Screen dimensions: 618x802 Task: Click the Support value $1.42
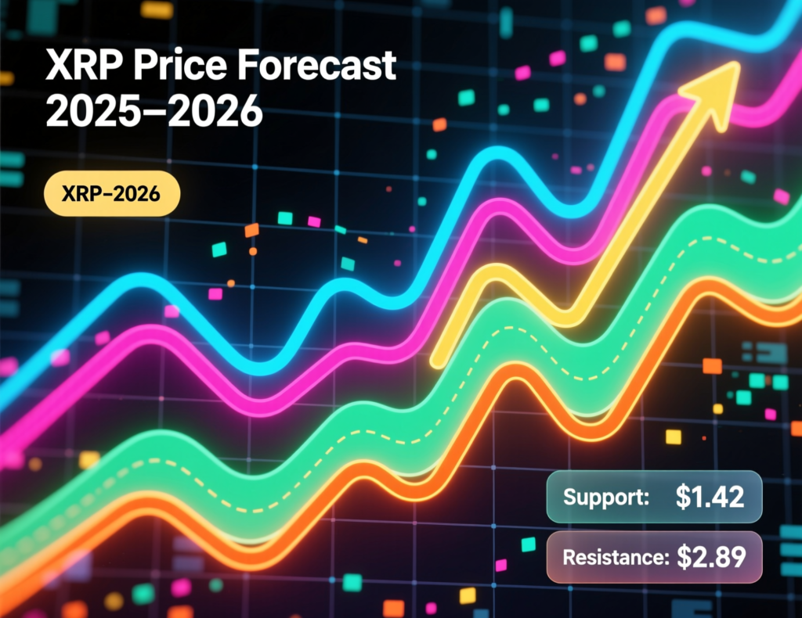click(710, 498)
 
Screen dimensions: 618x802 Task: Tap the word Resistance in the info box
click(614, 558)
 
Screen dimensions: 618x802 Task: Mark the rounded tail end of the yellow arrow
click(439, 360)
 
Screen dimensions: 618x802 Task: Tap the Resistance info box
click(653, 557)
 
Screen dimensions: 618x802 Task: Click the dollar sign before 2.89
click(684, 557)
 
